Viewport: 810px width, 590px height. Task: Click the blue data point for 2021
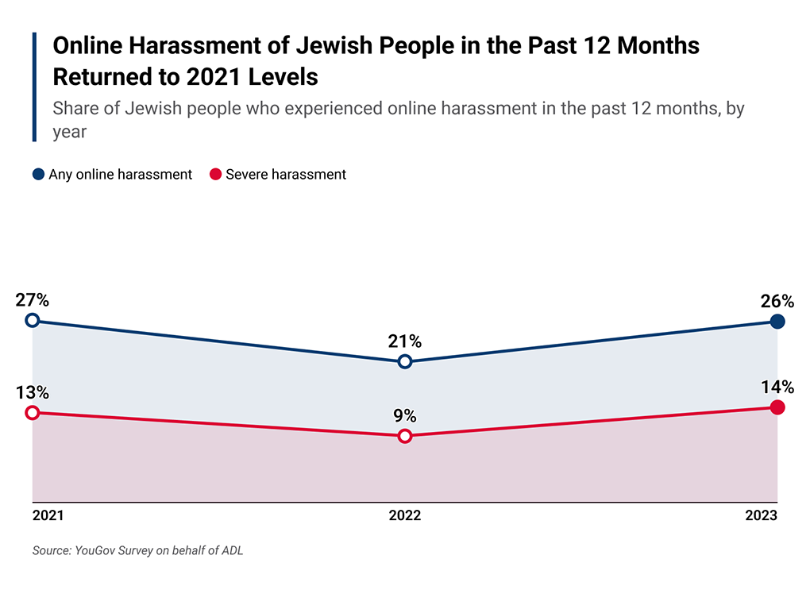pyautogui.click(x=32, y=320)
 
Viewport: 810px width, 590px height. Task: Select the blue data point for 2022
pyautogui.click(x=405, y=361)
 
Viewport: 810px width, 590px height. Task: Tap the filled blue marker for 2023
pyautogui.click(x=777, y=322)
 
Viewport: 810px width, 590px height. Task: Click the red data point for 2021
pyautogui.click(x=32, y=412)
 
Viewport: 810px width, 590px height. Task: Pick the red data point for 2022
pyautogui.click(x=405, y=435)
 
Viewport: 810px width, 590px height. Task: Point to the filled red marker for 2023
pyautogui.click(x=777, y=407)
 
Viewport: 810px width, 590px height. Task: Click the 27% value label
pyautogui.click(x=32, y=300)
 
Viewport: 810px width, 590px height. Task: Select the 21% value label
pyautogui.click(x=405, y=341)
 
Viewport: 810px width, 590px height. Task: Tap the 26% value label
pyautogui.click(x=777, y=301)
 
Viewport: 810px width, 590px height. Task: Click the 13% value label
pyautogui.click(x=32, y=392)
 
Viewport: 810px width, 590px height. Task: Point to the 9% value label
pyautogui.click(x=405, y=415)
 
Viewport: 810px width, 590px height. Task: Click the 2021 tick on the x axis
pyautogui.click(x=48, y=515)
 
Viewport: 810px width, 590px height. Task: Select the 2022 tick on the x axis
pyautogui.click(x=405, y=515)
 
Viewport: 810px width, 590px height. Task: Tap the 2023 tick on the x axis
pyautogui.click(x=762, y=515)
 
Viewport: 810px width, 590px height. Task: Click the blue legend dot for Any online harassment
pyautogui.click(x=38, y=175)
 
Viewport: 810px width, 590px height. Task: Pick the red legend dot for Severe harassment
pyautogui.click(x=214, y=175)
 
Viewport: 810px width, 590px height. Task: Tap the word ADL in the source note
pyautogui.click(x=231, y=550)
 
